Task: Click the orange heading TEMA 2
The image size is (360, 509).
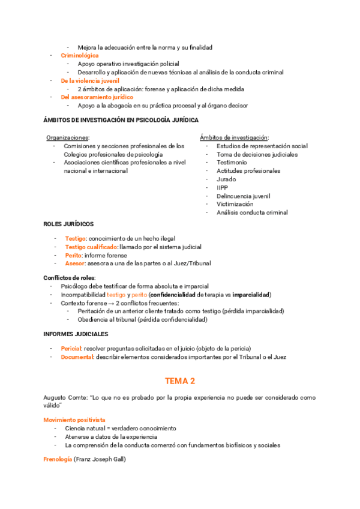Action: (180, 381)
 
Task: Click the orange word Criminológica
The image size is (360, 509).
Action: (80, 55)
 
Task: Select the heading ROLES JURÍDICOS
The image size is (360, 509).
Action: (68, 224)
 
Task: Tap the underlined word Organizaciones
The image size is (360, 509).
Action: (67, 137)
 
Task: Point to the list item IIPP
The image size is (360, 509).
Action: (223, 187)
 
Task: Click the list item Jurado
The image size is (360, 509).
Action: (226, 179)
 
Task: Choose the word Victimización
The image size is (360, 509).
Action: (235, 204)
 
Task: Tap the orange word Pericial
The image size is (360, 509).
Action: (71, 349)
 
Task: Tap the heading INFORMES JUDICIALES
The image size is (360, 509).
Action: (76, 333)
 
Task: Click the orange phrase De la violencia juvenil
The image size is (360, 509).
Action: (90, 80)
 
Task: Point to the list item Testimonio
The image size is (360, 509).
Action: (232, 162)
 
